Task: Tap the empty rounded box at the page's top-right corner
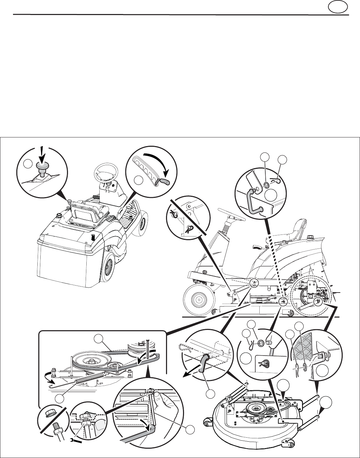tap(337, 7)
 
